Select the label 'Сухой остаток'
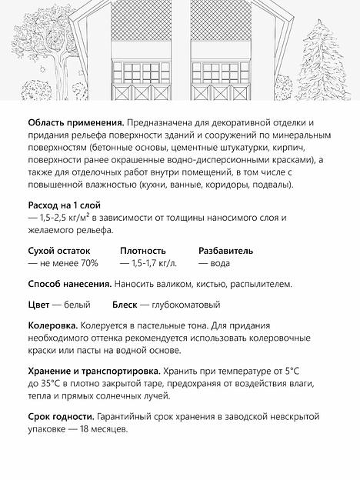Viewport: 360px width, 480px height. point(58,250)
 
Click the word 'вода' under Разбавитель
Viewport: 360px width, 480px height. point(219,263)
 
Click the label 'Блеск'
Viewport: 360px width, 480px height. point(127,304)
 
